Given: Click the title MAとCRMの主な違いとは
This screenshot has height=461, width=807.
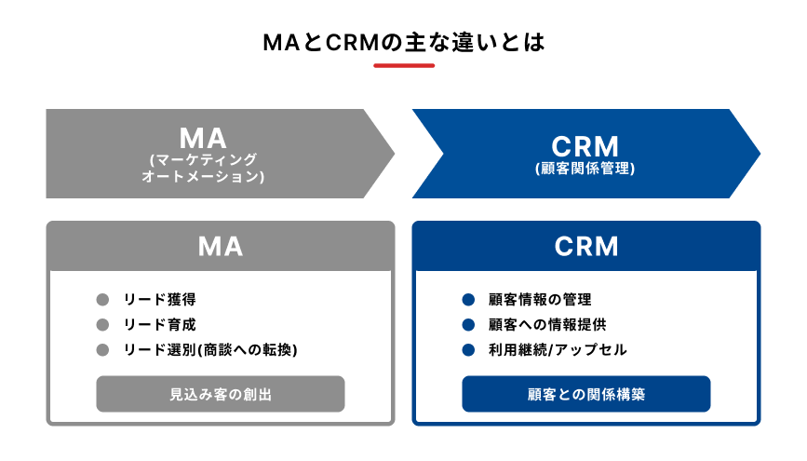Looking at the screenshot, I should coord(403,42).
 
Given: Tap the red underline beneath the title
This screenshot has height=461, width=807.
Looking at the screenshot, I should coord(403,65).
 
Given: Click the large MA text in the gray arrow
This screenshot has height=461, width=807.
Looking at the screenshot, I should coord(203,138).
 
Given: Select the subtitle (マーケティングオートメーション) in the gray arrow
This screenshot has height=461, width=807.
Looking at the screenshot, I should coord(203,168).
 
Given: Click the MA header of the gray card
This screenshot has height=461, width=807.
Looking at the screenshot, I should coord(221,246).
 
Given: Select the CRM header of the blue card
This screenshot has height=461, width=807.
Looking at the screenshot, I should coord(586,246).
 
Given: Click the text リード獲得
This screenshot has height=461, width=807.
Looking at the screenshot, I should coord(159,300).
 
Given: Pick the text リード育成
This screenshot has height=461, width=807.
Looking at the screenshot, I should coord(159,325).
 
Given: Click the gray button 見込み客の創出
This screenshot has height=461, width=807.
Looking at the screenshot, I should coord(221,394).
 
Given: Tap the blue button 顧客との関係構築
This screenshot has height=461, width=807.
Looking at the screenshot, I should coord(586,394).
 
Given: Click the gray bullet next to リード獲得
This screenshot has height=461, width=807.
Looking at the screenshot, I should coord(103,300).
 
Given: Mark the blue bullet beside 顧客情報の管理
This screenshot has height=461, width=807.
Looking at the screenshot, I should coord(469,300).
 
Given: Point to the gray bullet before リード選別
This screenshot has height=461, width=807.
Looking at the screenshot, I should coord(103,350).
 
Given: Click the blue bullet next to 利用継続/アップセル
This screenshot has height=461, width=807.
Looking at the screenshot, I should coord(469,350).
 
